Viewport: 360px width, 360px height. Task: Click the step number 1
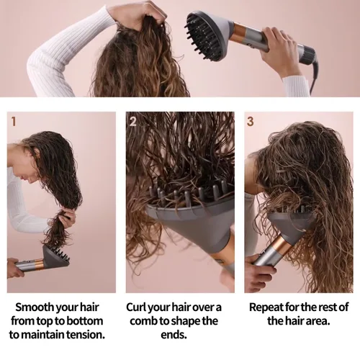coord(14,122)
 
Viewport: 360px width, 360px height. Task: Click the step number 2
coord(132,122)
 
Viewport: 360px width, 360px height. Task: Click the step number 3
coord(250,122)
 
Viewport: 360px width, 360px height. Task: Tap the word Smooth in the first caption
coord(35,307)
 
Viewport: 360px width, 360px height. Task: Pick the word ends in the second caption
coord(174,335)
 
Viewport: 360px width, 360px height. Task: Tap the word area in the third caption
coord(318,321)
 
